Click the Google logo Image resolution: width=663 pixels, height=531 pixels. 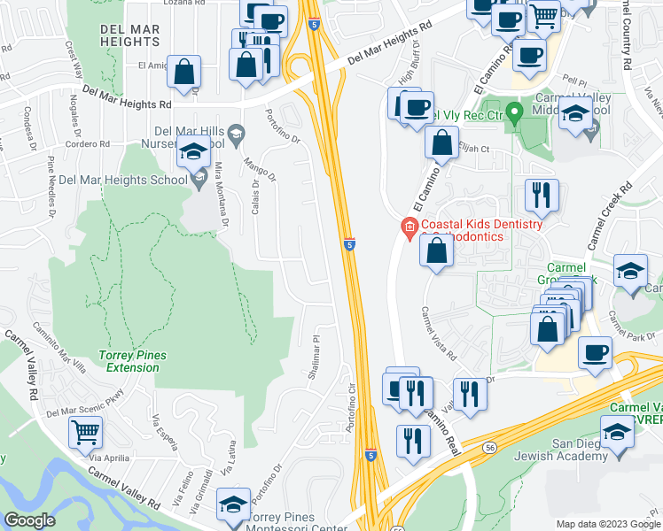[29, 520]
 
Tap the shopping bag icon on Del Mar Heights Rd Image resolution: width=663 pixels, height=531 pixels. [184, 73]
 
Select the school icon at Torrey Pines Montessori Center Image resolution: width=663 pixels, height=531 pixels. [232, 504]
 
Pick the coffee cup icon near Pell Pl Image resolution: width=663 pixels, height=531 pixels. [529, 55]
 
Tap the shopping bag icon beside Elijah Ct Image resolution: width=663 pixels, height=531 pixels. [441, 142]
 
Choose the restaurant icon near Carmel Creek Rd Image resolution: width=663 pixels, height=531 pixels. [542, 195]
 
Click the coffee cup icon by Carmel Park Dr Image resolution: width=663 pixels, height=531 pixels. [595, 353]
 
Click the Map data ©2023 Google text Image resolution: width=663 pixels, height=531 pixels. [607, 524]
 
